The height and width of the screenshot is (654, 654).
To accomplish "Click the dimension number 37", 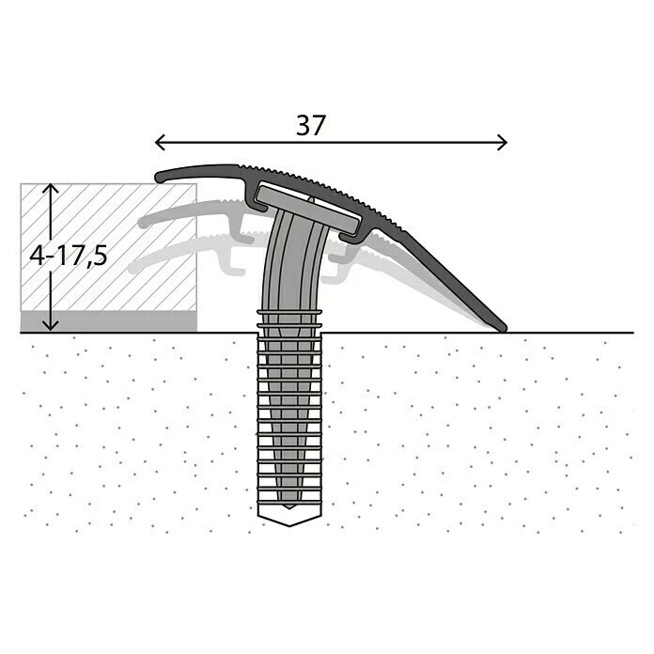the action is point(311,125).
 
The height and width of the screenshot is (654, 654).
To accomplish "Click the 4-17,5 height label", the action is point(69,256).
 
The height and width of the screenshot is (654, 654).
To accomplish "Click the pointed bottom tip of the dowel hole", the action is point(289,525).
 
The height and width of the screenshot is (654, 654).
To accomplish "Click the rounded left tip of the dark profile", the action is point(159,178).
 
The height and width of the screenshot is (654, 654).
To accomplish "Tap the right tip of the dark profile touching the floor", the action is point(503,329).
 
